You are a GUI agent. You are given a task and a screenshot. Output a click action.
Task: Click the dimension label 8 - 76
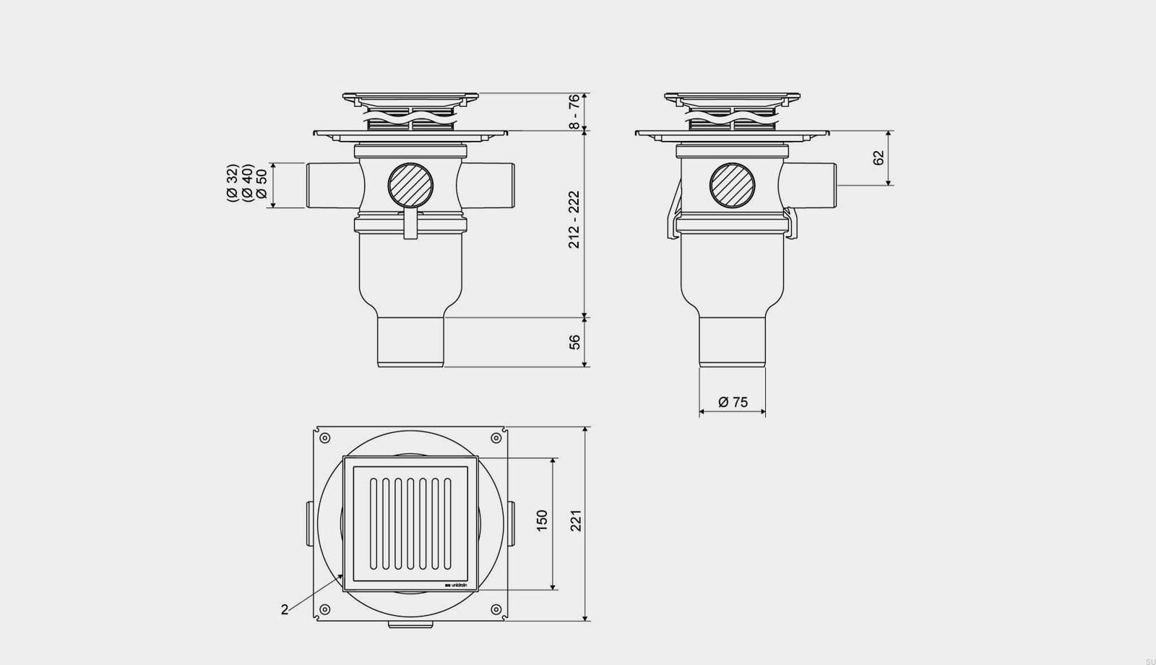[x=574, y=111]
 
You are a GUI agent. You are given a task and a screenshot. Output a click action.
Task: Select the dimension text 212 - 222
[x=574, y=220]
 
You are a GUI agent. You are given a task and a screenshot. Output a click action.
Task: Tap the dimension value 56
[x=575, y=342]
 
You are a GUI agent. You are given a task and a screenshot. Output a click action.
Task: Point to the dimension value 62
[x=879, y=157]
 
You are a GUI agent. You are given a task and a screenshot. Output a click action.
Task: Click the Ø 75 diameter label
[x=733, y=403]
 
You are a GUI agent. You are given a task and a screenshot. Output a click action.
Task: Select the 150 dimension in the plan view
[x=542, y=520]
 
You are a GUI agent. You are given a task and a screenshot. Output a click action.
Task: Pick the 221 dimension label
[x=576, y=520]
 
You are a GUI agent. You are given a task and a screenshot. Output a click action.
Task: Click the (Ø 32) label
[x=232, y=183]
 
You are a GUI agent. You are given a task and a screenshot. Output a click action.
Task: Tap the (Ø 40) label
[x=246, y=183]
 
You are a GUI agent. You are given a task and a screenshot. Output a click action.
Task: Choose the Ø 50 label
[x=262, y=184]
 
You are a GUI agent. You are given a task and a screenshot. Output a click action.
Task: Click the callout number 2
[x=285, y=610]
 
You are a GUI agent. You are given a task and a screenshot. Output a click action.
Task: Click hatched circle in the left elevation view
[x=410, y=185]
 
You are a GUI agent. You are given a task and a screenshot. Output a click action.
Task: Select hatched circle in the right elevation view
[x=732, y=185]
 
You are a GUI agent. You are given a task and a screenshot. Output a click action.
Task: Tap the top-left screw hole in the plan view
[x=324, y=438]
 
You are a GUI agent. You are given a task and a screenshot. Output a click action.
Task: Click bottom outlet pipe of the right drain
[x=732, y=341]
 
